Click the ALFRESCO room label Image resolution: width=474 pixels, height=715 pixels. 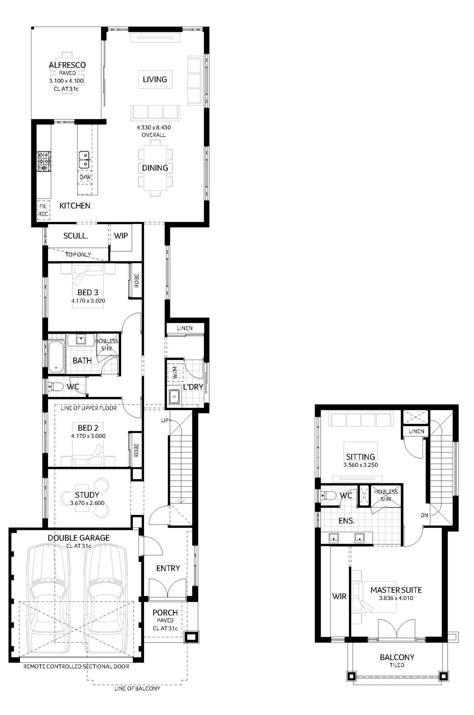67,65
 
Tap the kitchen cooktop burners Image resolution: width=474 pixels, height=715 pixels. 44,161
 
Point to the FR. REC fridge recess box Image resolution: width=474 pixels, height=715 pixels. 43,210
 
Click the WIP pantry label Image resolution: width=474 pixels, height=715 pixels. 121,236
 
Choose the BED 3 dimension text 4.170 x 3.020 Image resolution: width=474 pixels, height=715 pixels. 88,301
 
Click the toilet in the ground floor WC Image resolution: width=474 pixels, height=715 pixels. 56,387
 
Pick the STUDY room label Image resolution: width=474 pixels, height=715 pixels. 87,495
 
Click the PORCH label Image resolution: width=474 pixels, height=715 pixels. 165,613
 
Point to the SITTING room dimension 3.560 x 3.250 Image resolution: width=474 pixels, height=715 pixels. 361,465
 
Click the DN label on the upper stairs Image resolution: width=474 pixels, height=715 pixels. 424,515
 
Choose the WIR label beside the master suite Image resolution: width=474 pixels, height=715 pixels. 339,596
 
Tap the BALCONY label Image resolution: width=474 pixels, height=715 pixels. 397,657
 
